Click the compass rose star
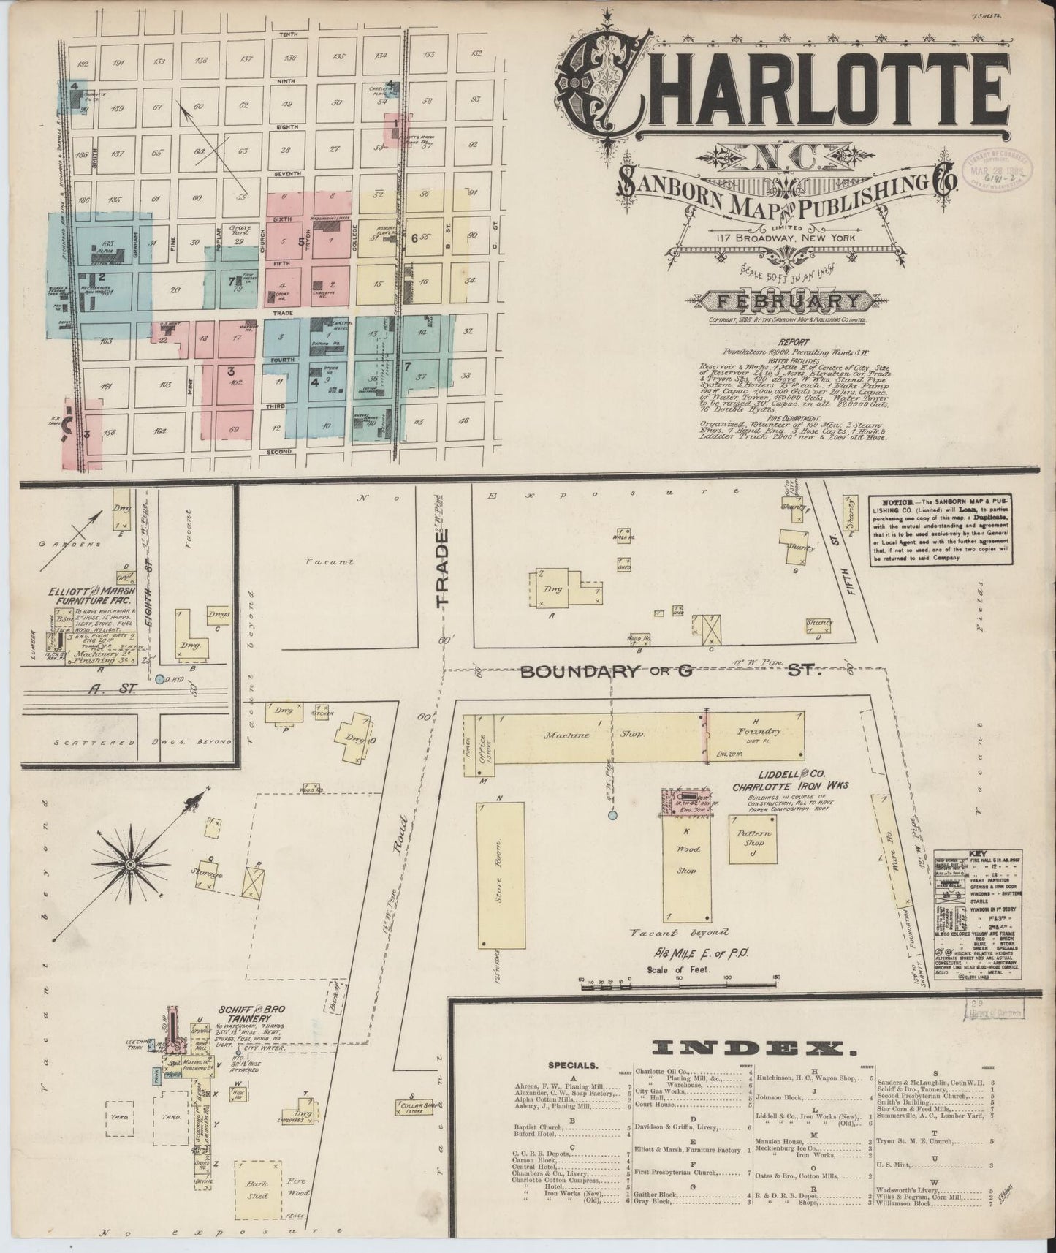tap(129, 864)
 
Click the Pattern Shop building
tap(753, 838)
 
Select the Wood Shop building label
tap(688, 859)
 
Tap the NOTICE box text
tap(940, 529)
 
